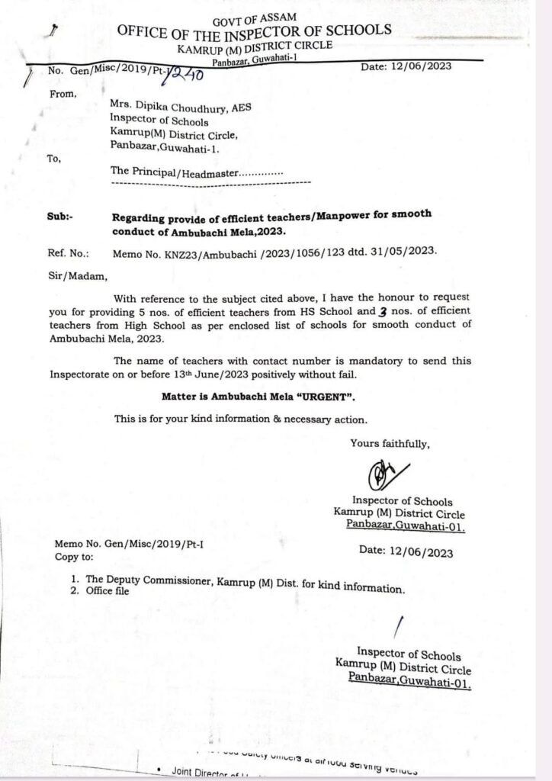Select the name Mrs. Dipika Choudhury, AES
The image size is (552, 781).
181,108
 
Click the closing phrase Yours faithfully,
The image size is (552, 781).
390,443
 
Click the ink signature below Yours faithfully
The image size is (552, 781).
386,474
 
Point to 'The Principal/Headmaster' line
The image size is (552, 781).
197,172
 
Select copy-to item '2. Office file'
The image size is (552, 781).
101,591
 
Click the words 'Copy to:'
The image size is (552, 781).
73,558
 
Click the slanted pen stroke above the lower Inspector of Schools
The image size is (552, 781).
397,626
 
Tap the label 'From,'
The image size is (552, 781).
63,94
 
